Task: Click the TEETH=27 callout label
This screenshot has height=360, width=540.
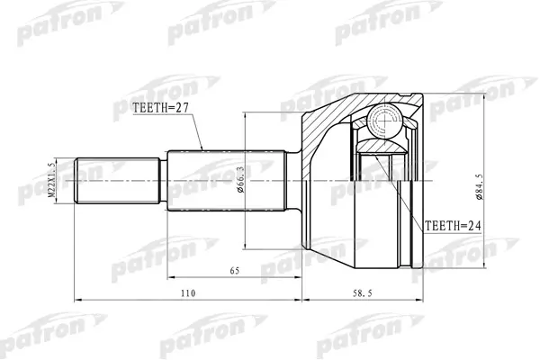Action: [161, 108]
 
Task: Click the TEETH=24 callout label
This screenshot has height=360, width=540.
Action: [453, 226]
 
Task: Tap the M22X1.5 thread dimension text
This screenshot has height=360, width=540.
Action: [51, 180]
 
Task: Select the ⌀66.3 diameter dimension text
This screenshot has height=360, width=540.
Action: [240, 179]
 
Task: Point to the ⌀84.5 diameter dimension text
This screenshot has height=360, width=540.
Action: [479, 186]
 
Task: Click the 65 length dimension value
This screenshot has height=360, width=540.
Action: [235, 271]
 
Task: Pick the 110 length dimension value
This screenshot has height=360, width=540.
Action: [188, 293]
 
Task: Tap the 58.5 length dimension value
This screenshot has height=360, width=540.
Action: [363, 293]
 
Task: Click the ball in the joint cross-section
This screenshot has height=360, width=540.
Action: [384, 121]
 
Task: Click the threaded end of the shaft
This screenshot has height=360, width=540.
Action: [117, 181]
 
